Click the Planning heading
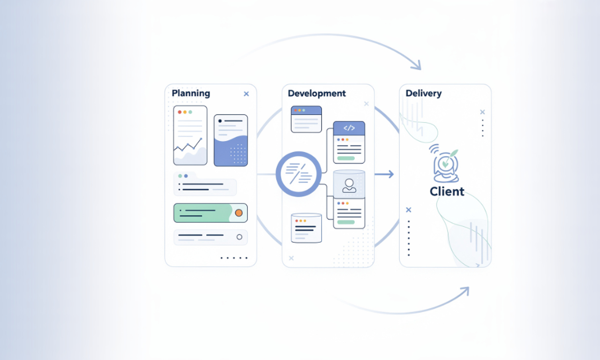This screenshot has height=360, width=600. pos(191,93)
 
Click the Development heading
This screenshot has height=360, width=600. pos(317,93)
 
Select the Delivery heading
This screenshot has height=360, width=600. pos(424,93)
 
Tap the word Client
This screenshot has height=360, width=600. pos(447,191)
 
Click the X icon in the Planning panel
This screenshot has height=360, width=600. pos(246,94)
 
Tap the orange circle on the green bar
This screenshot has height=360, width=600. pos(239,213)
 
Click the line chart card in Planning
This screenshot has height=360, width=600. pos(190,135)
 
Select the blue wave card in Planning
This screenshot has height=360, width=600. pos(231,140)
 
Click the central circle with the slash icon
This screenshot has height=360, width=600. pos(299,174)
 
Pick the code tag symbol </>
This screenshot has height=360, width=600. pos(349,128)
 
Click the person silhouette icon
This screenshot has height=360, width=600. pos(349,186)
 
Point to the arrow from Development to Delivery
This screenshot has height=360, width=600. pos(384,174)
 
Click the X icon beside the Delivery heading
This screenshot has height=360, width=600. pos(482,112)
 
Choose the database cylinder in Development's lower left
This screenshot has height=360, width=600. pos(306,228)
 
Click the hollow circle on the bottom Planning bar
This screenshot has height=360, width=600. pos(240,237)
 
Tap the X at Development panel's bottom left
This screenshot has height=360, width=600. pos(291,258)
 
